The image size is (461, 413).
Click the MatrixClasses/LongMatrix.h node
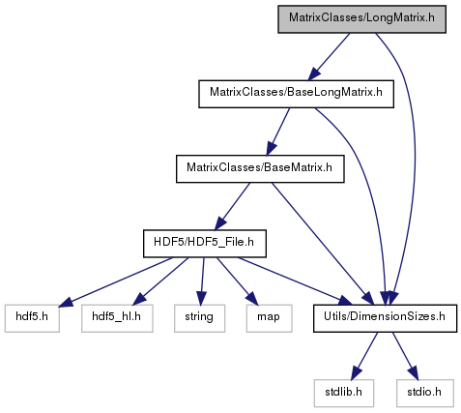pyautogui.click(x=361, y=19)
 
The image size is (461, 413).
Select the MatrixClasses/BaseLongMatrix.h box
pyautogui.click(x=296, y=94)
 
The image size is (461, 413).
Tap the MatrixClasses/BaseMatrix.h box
pyautogui.click(x=260, y=169)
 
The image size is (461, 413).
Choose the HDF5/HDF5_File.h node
pyautogui.click(x=205, y=244)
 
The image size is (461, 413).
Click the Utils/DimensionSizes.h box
pyautogui.click(x=385, y=318)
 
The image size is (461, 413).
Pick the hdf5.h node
pyautogui.click(x=32, y=318)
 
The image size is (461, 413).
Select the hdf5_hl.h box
pyautogui.click(x=117, y=318)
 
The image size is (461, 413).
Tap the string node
pyautogui.click(x=199, y=318)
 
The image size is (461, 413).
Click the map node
pyautogui.click(x=269, y=318)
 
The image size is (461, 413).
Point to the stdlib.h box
pyautogui.click(x=344, y=393)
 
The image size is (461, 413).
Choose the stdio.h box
pyautogui.click(x=425, y=393)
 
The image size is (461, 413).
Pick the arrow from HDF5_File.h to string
pyautogui.click(x=202, y=281)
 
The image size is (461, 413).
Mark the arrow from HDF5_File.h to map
pyautogui.click(x=236, y=280)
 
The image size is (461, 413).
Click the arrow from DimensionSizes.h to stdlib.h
pyautogui.click(x=364, y=356)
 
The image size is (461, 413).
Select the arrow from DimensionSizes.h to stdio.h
pyautogui.click(x=405, y=356)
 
